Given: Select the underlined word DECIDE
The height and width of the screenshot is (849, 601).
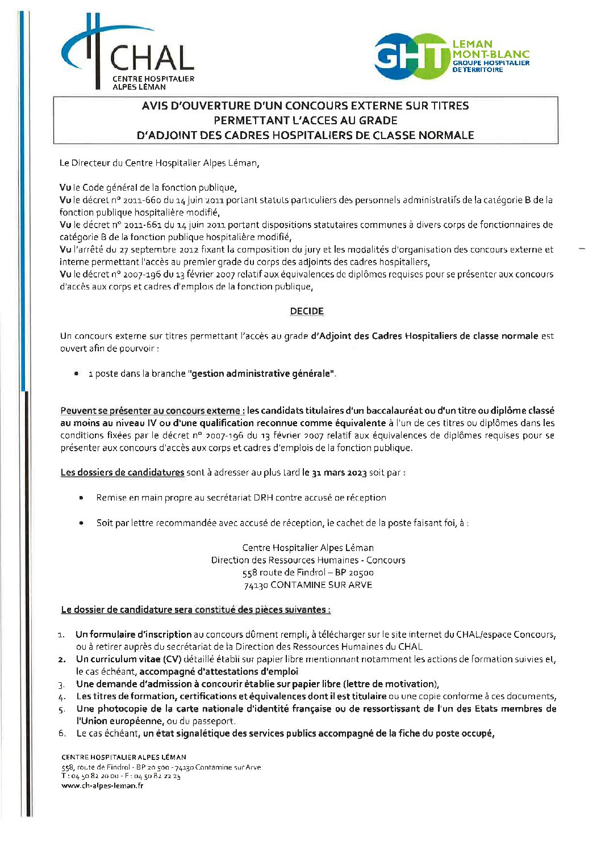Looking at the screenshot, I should (x=307, y=311).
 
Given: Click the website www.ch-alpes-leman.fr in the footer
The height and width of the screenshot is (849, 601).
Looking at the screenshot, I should (x=102, y=785).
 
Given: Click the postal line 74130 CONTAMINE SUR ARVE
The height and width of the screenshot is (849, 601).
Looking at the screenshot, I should (x=308, y=585).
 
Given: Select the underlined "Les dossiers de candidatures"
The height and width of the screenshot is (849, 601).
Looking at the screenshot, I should (x=122, y=472).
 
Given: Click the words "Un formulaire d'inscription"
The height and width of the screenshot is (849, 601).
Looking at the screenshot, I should (x=133, y=634).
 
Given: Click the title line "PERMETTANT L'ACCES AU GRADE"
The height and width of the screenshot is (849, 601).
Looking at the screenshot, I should (x=306, y=120).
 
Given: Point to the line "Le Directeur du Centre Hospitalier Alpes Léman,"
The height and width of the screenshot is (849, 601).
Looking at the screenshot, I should (x=159, y=163).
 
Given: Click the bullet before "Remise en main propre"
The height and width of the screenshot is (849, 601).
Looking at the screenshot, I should (x=82, y=498).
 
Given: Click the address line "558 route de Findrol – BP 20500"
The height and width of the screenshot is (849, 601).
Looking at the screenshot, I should (x=308, y=572).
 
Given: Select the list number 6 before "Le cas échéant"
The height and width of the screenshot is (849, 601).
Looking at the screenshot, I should (x=62, y=733).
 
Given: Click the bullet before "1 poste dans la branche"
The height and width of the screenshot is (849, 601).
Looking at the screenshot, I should (x=76, y=374).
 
